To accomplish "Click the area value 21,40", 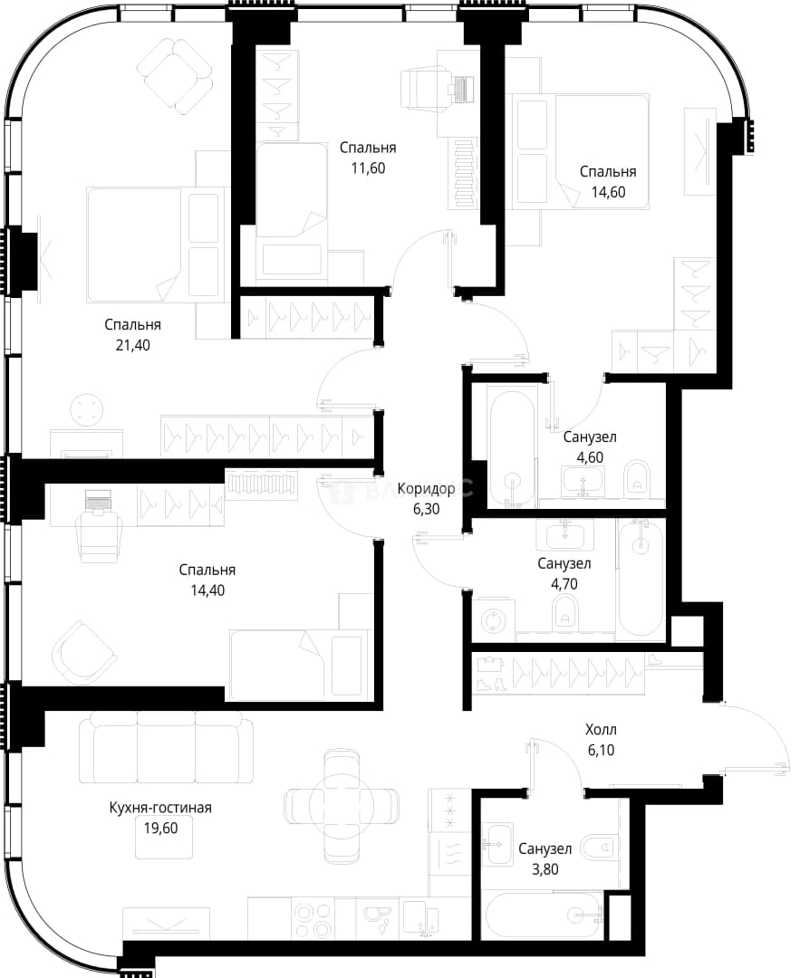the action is pos(133,345).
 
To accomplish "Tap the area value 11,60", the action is pos(368,168).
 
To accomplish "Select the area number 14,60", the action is pos(609,192).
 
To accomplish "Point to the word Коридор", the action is pos(426,489).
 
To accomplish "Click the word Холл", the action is pos(601,730).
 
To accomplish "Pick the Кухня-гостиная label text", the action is pos(160,808).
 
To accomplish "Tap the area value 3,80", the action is pos(545,868).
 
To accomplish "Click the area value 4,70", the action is pos(564,584).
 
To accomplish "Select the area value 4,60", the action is pos(590,458).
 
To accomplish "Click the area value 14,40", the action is pos(207,590).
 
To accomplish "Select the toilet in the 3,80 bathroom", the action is pos(599,847).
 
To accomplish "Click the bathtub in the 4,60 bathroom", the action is pos(512,449).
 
